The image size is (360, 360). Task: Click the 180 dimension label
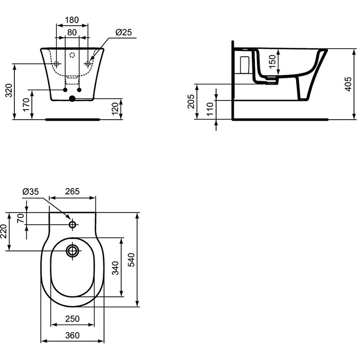click(x=72, y=20)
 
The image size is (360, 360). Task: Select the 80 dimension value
click(x=72, y=32)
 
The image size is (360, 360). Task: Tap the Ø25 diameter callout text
click(x=124, y=32)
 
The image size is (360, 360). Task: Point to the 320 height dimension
click(x=9, y=90)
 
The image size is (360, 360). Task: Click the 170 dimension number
click(x=26, y=105)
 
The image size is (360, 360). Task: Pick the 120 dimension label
click(x=115, y=108)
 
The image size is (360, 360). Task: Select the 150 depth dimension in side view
click(x=272, y=61)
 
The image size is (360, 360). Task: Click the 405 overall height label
click(x=348, y=84)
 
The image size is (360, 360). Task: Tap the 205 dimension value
click(x=191, y=101)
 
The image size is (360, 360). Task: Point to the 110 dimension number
click(x=210, y=109)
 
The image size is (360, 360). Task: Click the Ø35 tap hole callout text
click(x=31, y=192)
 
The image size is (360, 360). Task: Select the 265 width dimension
click(x=72, y=191)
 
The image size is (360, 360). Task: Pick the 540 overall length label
click(x=131, y=260)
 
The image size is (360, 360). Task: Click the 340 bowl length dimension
click(x=115, y=268)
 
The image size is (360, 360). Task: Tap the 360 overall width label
click(x=72, y=335)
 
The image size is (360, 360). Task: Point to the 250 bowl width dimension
click(x=72, y=319)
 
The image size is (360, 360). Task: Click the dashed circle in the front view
click(x=72, y=55)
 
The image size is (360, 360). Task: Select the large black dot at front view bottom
click(x=72, y=99)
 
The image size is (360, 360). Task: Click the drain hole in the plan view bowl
click(x=72, y=251)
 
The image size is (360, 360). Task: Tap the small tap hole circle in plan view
click(x=72, y=224)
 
